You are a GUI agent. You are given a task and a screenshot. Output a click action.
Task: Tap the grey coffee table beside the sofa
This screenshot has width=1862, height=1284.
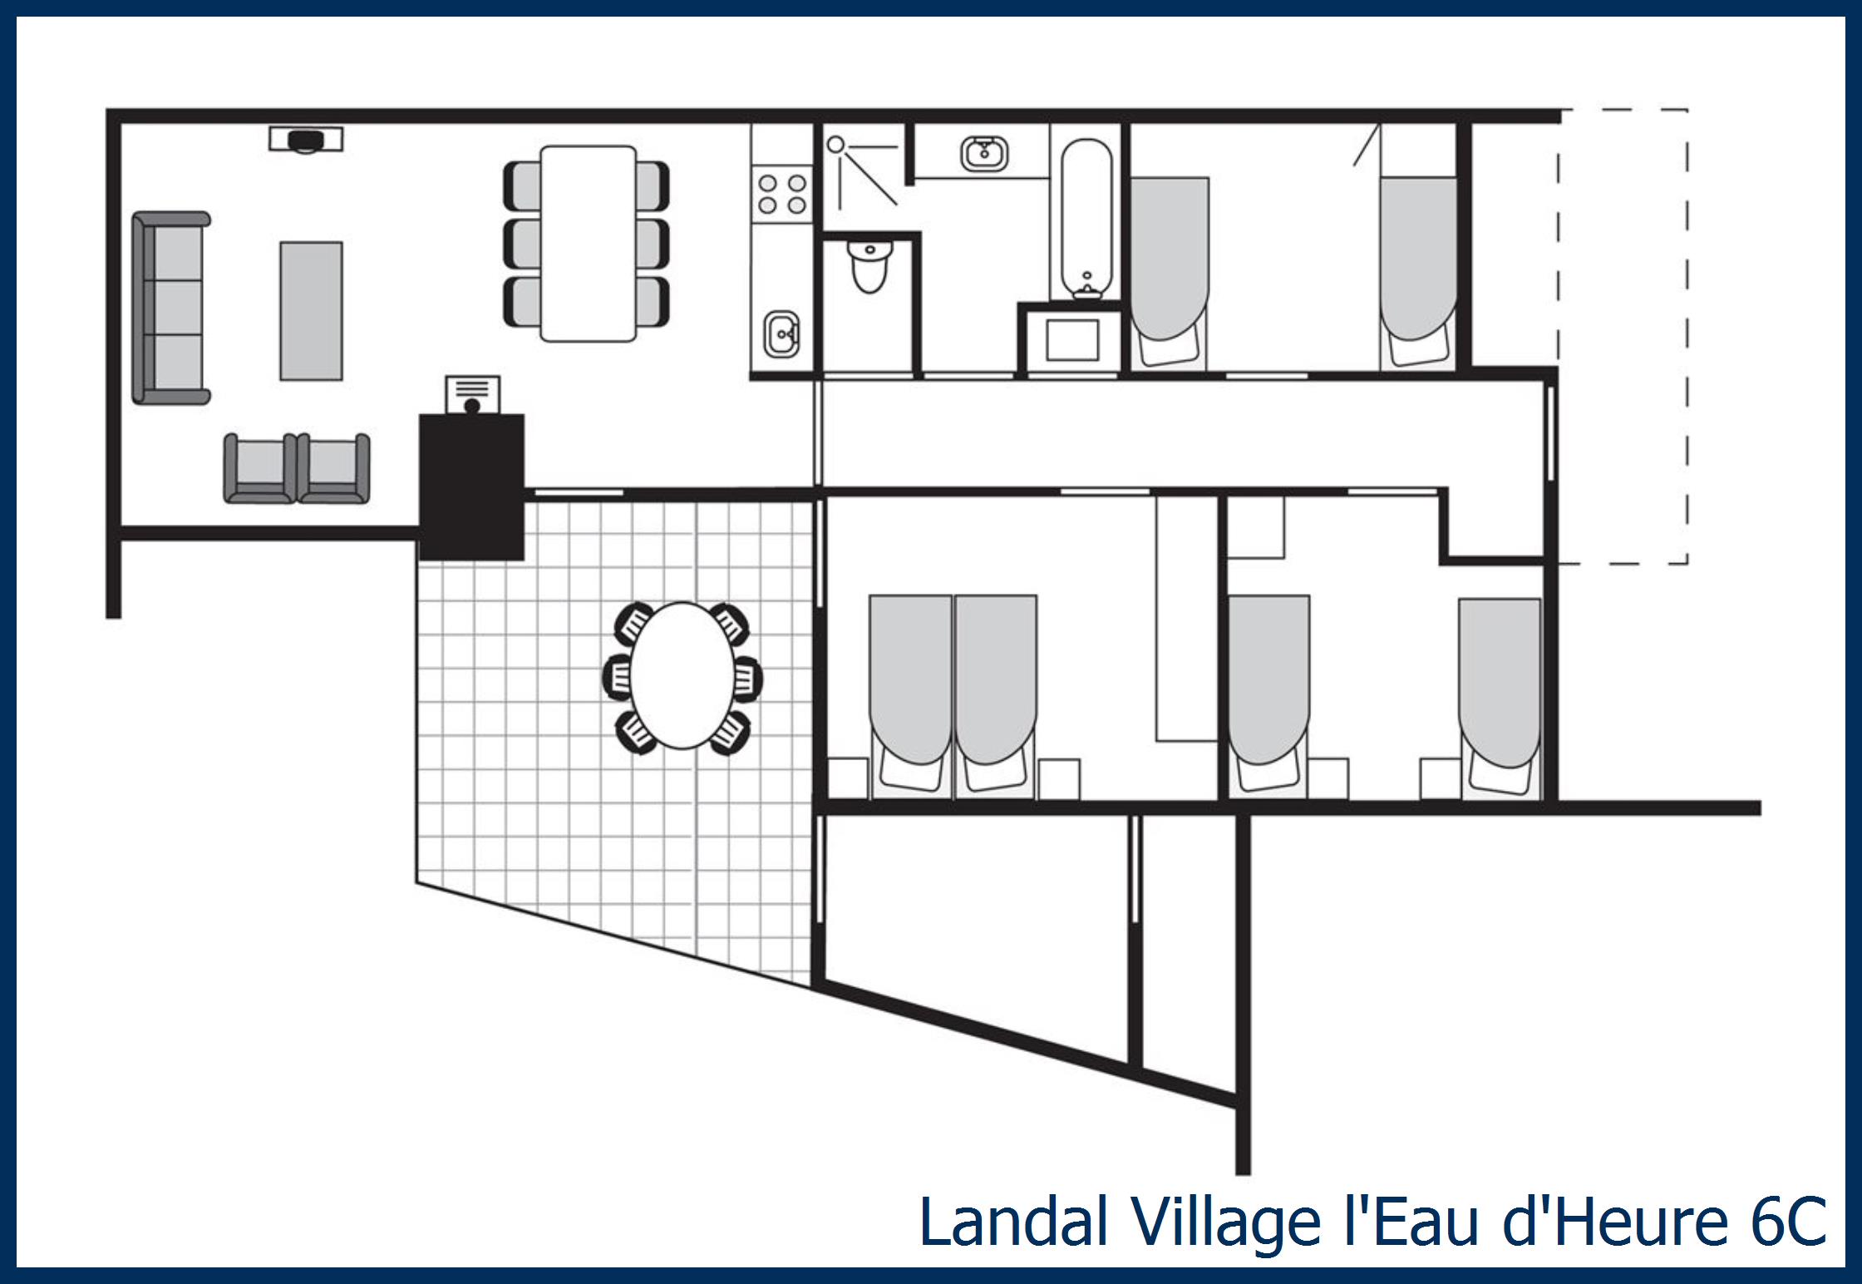click(x=311, y=311)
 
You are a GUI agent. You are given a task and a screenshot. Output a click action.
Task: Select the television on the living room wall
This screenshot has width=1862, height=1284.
click(x=306, y=140)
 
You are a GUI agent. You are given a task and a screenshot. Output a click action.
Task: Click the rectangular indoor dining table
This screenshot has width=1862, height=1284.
click(x=588, y=244)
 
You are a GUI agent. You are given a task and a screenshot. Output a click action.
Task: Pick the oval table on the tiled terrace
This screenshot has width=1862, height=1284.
click(x=682, y=675)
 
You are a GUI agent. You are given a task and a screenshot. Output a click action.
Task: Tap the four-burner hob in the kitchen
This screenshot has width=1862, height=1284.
click(x=782, y=195)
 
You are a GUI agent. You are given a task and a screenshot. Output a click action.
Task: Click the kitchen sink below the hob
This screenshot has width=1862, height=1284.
click(x=781, y=334)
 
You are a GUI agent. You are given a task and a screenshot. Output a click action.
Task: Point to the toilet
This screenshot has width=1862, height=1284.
click(x=869, y=264)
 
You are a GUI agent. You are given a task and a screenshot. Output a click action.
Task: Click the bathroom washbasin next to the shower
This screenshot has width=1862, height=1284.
click(x=984, y=154)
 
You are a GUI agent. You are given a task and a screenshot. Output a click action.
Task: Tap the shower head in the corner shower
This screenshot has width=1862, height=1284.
click(x=836, y=146)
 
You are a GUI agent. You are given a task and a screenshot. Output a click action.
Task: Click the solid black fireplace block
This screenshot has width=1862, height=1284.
click(x=471, y=486)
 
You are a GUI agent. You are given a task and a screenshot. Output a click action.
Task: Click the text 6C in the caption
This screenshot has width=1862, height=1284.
click(x=1788, y=1222)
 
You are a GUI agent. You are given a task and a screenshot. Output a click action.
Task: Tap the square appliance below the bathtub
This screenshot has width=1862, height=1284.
click(x=1072, y=339)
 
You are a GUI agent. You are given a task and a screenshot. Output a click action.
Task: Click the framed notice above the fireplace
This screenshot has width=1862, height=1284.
click(x=472, y=394)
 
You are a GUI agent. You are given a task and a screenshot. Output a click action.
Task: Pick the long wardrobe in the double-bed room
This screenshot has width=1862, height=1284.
click(x=1187, y=619)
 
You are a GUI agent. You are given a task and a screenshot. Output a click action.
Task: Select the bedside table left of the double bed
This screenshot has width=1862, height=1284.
click(x=849, y=779)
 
